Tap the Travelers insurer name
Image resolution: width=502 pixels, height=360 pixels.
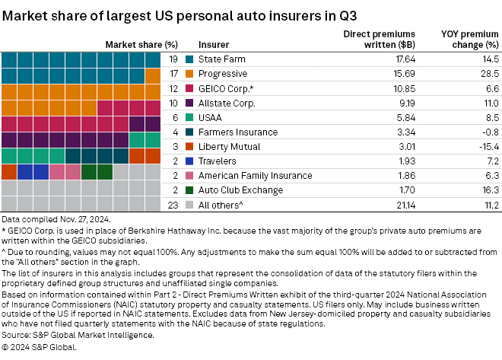[218, 161]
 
